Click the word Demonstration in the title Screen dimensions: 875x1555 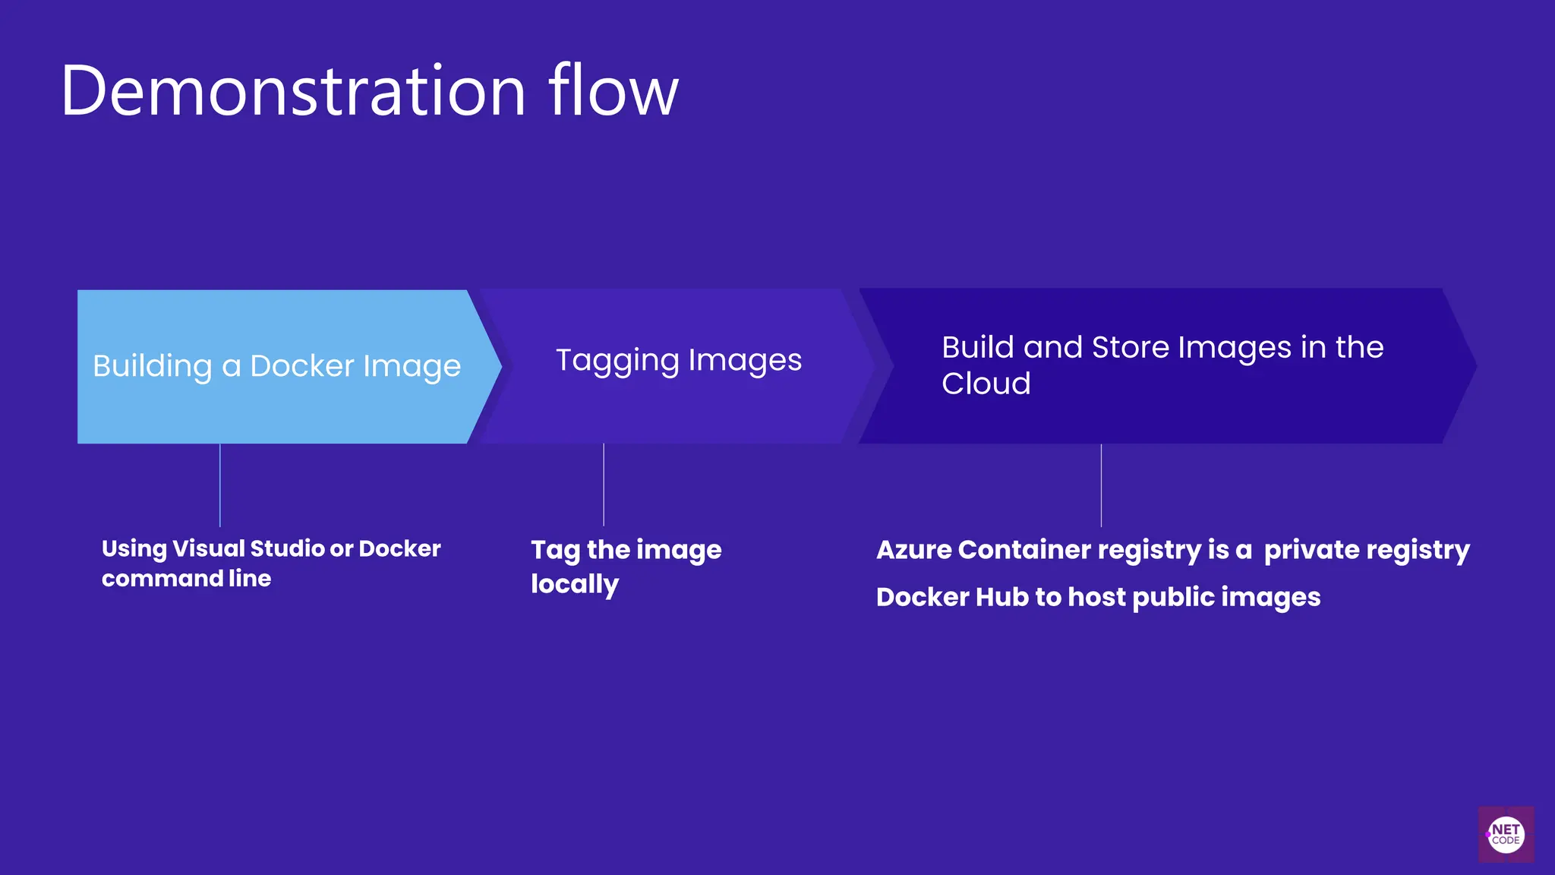tap(293, 91)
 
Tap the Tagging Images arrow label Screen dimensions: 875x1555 tap(678, 360)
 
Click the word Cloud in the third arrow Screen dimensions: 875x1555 tap(986, 384)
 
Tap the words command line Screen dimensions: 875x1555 tap(186, 579)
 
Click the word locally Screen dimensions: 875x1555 tap(575, 584)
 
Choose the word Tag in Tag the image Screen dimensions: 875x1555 tap(555, 550)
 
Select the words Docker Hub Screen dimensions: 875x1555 tap(952, 597)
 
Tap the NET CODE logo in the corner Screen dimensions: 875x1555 tap(1506, 834)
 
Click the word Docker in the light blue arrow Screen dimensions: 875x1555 tap(302, 366)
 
